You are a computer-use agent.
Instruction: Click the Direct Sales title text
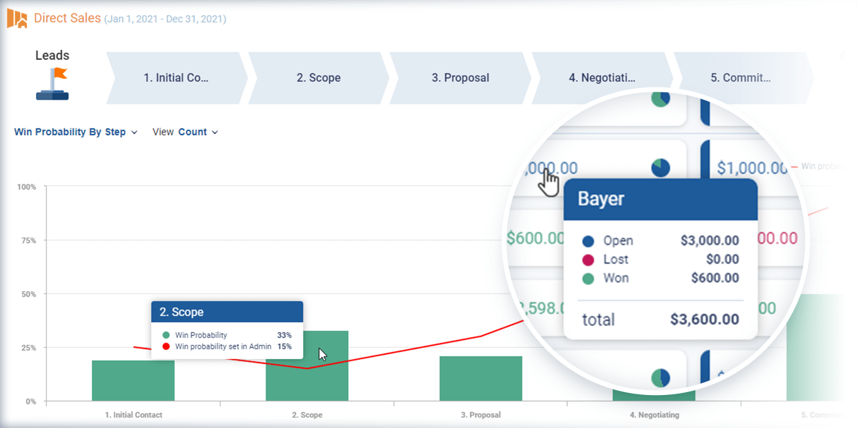[x=67, y=18]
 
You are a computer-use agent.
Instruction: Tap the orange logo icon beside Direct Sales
[x=17, y=19]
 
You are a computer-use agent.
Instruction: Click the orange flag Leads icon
[x=53, y=84]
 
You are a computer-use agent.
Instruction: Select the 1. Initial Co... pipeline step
[x=176, y=78]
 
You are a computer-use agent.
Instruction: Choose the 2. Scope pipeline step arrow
[x=318, y=78]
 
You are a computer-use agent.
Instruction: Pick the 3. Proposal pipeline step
[x=460, y=78]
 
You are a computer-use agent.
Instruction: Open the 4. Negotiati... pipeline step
[x=602, y=78]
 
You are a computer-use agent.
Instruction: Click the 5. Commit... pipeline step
[x=740, y=78]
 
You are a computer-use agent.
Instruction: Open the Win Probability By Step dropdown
[x=75, y=132]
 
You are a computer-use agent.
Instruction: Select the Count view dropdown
[x=197, y=132]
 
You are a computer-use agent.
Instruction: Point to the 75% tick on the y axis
[x=28, y=240]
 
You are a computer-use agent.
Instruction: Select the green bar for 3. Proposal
[x=481, y=378]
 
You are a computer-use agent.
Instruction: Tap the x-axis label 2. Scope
[x=307, y=415]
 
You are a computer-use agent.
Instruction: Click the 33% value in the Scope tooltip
[x=284, y=335]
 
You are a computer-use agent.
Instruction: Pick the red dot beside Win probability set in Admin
[x=166, y=347]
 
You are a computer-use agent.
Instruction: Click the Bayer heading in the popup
[x=601, y=199]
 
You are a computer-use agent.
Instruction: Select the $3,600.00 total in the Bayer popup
[x=704, y=319]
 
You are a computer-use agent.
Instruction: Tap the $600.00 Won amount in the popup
[x=714, y=278]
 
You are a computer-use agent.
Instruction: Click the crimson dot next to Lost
[x=588, y=260]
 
